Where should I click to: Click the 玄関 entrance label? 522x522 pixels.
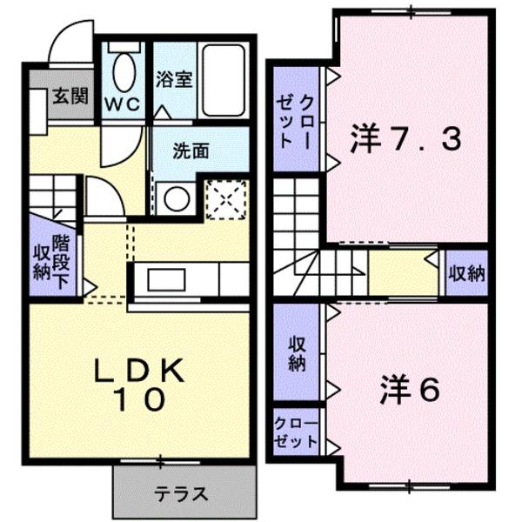[68, 95]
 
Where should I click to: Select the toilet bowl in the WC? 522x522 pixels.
[124, 70]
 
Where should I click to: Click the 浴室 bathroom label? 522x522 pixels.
[173, 79]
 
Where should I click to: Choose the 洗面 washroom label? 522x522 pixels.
[191, 150]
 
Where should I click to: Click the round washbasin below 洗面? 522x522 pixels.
[177, 197]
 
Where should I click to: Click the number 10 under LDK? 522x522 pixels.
[139, 401]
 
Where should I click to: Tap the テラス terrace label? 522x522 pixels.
[181, 495]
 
